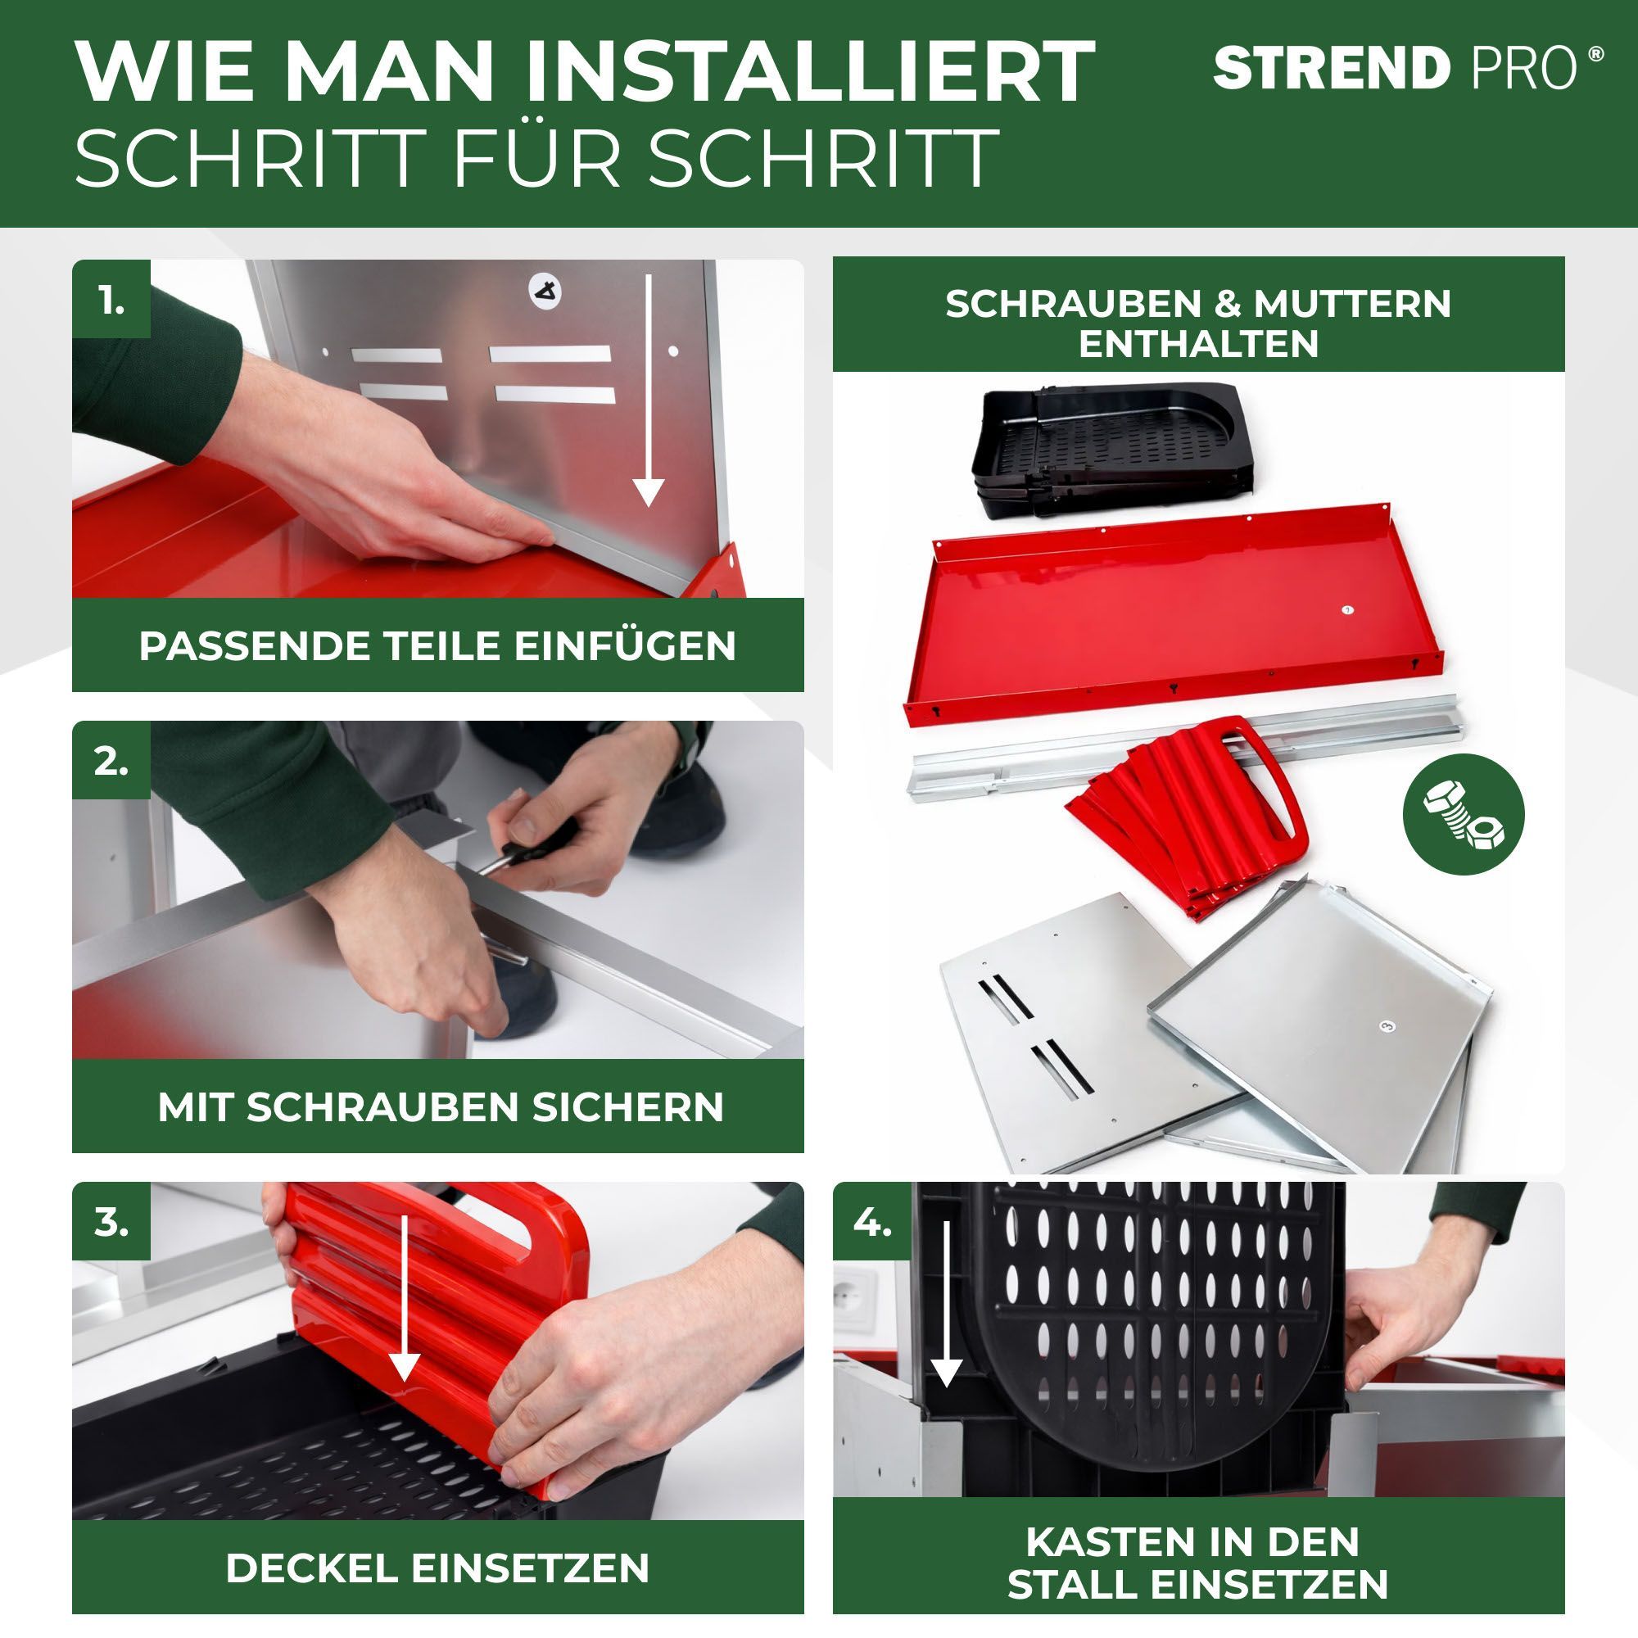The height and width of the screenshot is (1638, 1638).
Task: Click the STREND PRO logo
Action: point(1408,68)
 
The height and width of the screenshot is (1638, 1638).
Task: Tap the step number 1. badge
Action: point(111,298)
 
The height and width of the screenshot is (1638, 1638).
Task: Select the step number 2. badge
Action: point(111,761)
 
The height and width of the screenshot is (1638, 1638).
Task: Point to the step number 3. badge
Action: point(111,1222)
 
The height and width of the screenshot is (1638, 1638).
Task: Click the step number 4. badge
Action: point(871,1222)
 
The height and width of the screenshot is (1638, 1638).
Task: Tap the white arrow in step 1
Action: point(649,390)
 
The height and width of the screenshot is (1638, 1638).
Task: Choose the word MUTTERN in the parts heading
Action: point(1353,304)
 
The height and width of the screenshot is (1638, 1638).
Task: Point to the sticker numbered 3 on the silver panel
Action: point(1387,1027)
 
